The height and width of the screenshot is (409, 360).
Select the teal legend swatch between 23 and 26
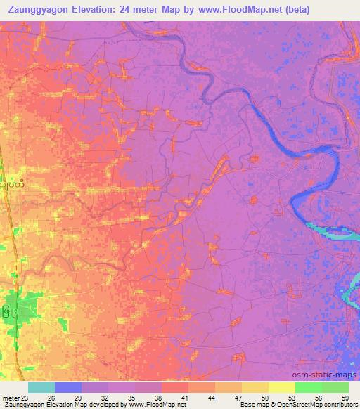41,387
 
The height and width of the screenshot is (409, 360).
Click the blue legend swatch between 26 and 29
68,387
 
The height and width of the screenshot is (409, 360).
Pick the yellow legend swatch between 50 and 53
281,387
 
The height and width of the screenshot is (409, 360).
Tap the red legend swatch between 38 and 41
175,387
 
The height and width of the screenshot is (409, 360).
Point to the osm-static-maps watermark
330,374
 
